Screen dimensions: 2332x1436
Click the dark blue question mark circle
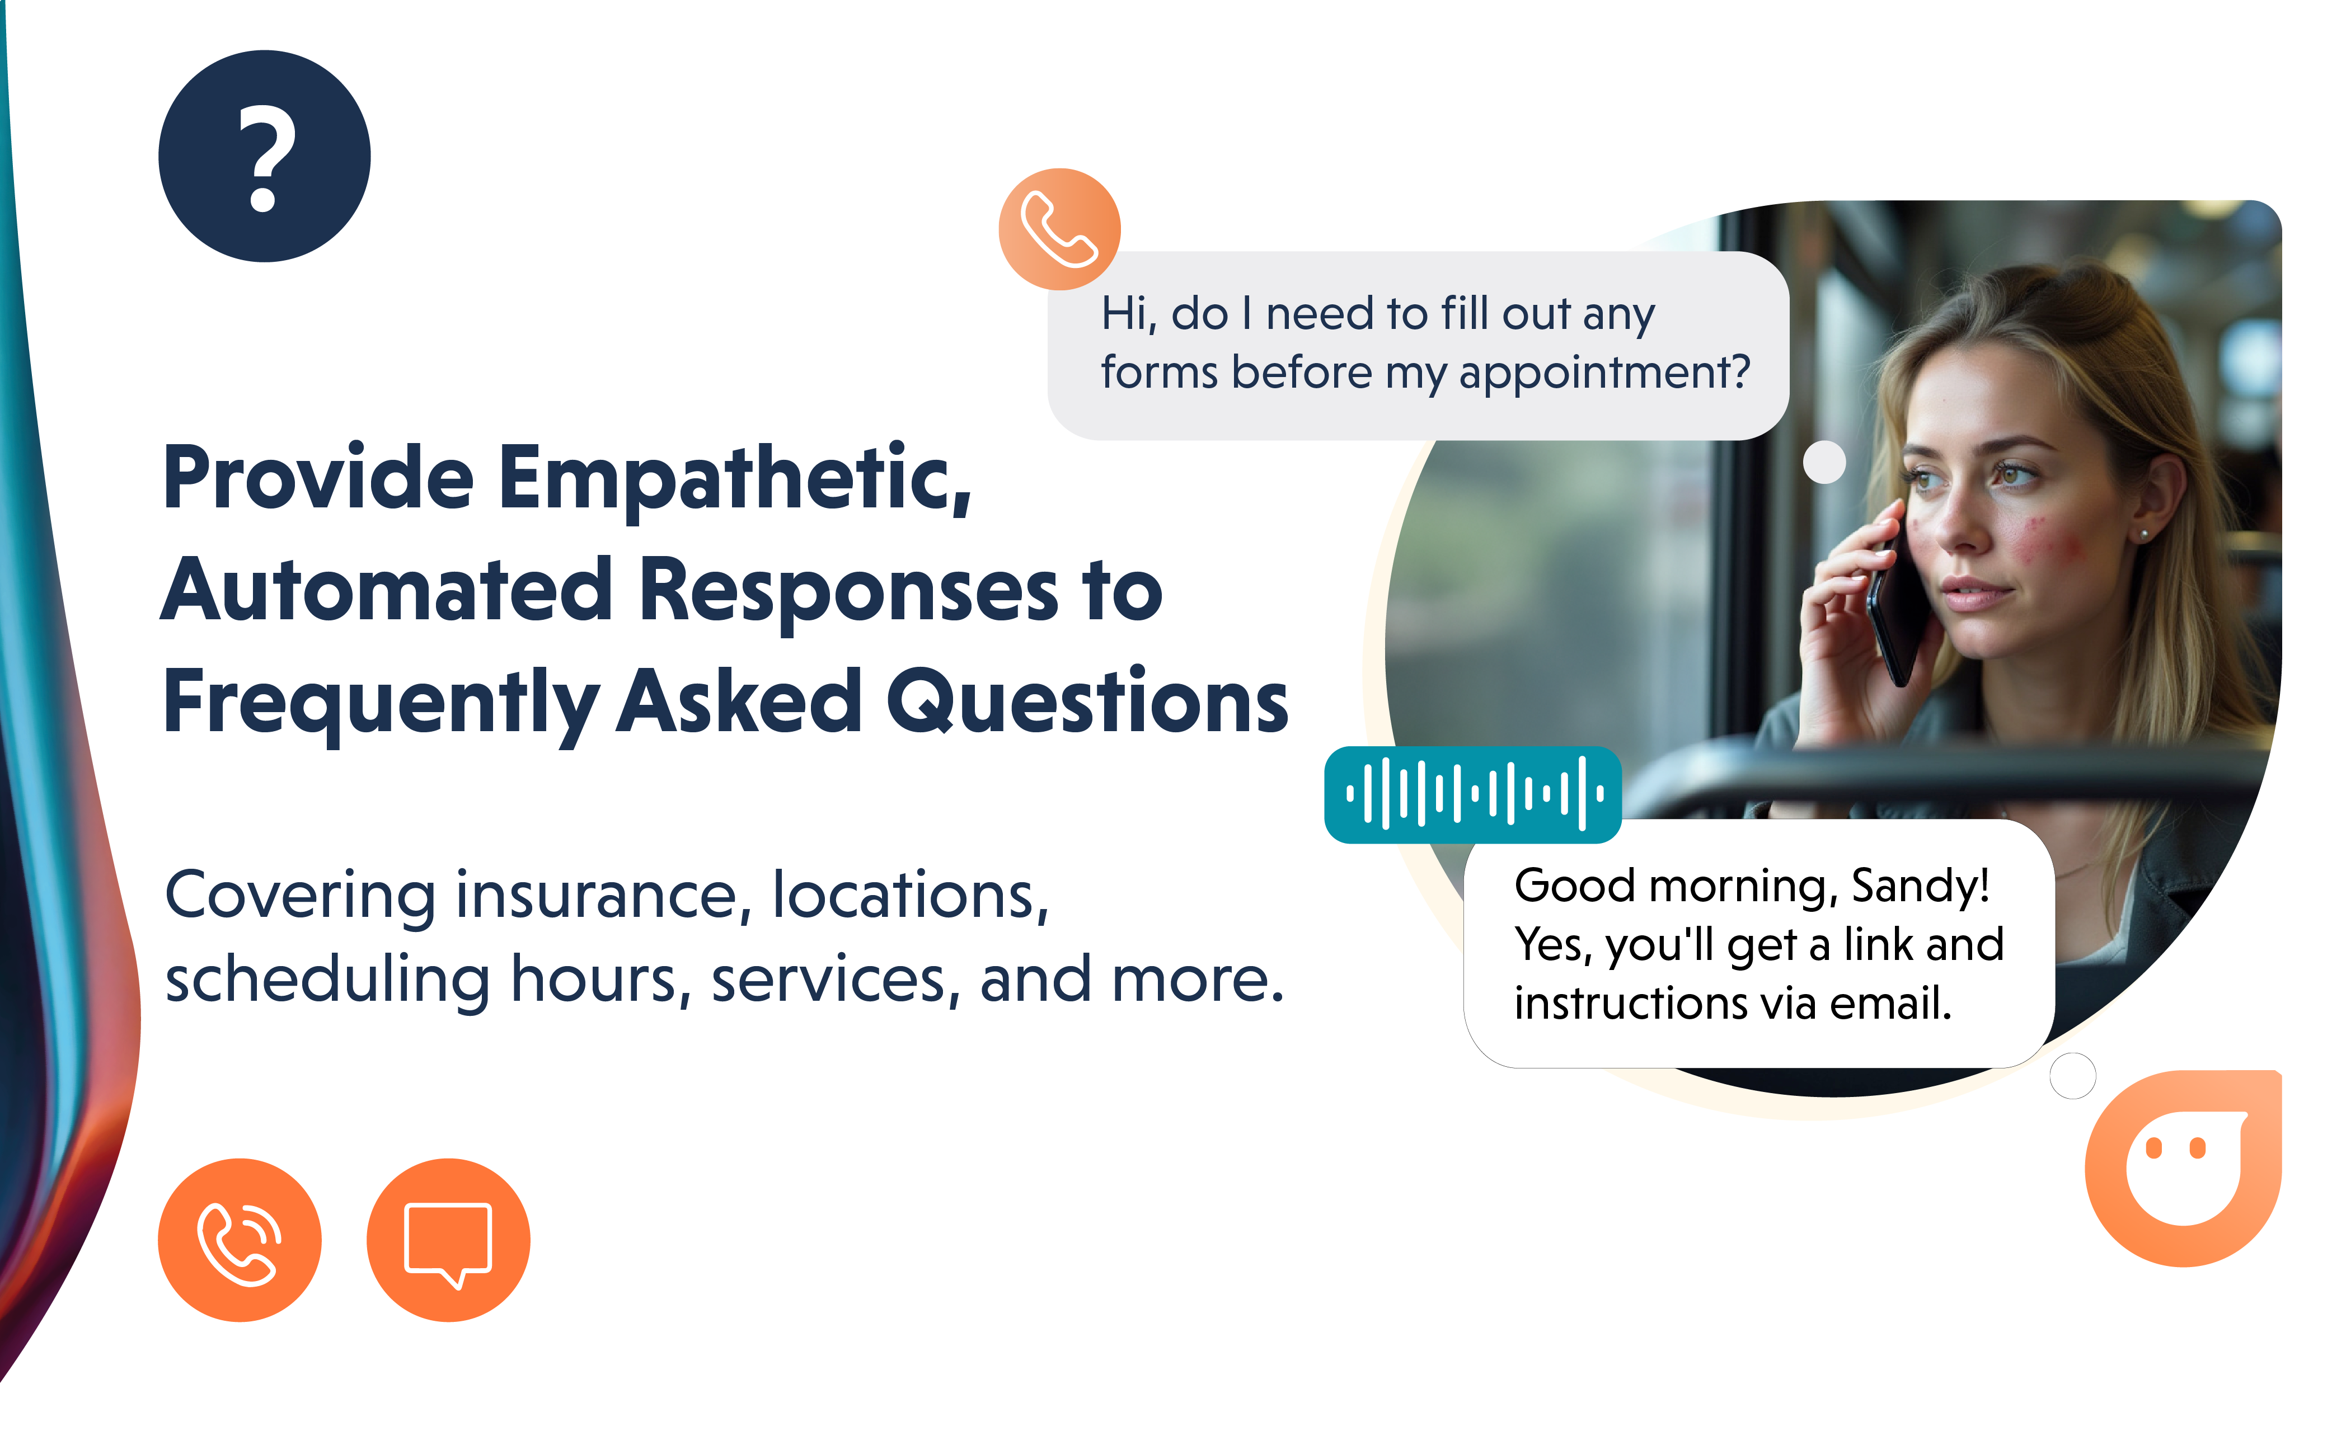click(x=264, y=156)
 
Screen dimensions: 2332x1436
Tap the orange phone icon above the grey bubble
click(x=1059, y=229)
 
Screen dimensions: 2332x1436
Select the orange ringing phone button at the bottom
click(x=240, y=1240)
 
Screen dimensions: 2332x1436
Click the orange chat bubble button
click(x=448, y=1240)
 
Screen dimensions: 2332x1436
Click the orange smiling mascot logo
click(x=2183, y=1168)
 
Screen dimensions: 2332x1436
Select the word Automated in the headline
click(x=388, y=591)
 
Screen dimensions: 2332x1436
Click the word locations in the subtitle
click(x=910, y=894)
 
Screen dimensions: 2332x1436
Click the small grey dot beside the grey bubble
click(x=1824, y=463)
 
